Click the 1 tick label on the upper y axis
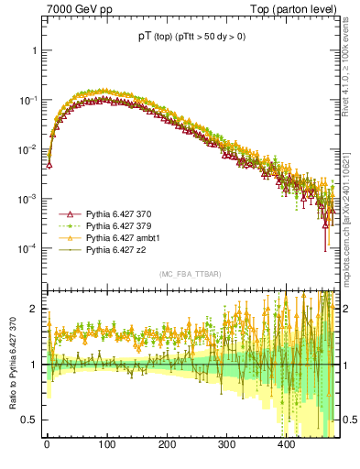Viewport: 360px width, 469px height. [34, 50]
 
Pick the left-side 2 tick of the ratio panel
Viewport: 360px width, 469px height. [34, 310]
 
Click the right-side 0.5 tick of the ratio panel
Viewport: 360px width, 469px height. [350, 420]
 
